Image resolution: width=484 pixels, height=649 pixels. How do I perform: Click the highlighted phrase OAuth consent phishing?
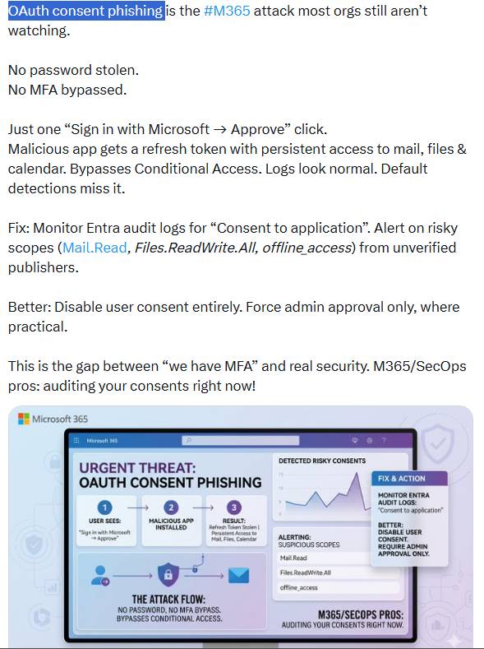coord(85,12)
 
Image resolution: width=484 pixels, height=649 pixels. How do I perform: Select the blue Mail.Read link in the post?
coord(94,248)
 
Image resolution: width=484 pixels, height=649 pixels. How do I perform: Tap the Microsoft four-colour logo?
coord(23,419)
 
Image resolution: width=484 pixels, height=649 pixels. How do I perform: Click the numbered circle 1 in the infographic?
coord(105,507)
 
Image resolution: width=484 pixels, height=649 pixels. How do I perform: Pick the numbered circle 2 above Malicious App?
coord(171,507)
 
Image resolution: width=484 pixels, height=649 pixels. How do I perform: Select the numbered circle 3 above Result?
coord(233,507)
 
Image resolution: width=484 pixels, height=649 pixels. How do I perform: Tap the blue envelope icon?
coord(239,575)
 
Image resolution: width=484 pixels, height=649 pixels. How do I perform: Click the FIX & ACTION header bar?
coord(409,479)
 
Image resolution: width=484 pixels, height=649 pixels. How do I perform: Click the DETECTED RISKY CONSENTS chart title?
coord(322,461)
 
